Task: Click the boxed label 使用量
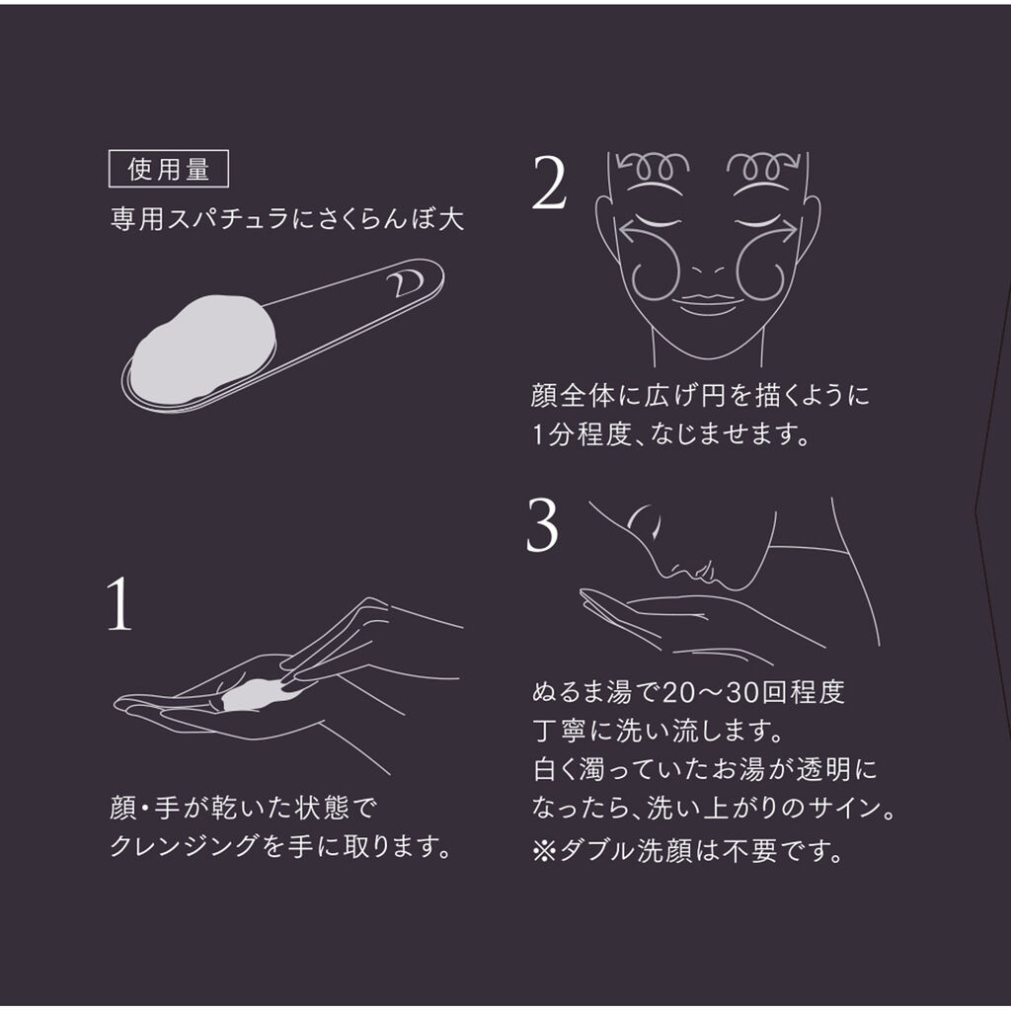tap(168, 169)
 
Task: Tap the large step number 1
tap(119, 603)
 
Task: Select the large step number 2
tap(549, 183)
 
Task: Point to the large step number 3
tap(542, 525)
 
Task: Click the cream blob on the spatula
tap(203, 350)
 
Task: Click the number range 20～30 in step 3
tap(711, 692)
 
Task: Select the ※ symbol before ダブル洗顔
tap(544, 851)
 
